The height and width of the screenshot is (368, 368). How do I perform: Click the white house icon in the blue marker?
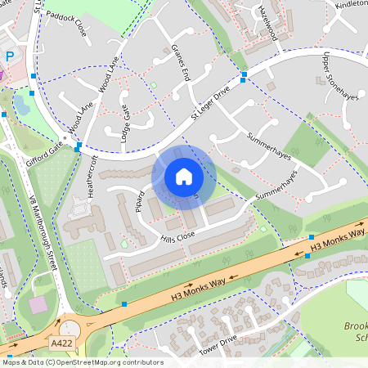[x=184, y=176]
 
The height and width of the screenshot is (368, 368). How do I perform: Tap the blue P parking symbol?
[x=9, y=57]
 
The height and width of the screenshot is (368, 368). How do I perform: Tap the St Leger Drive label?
[x=213, y=102]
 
